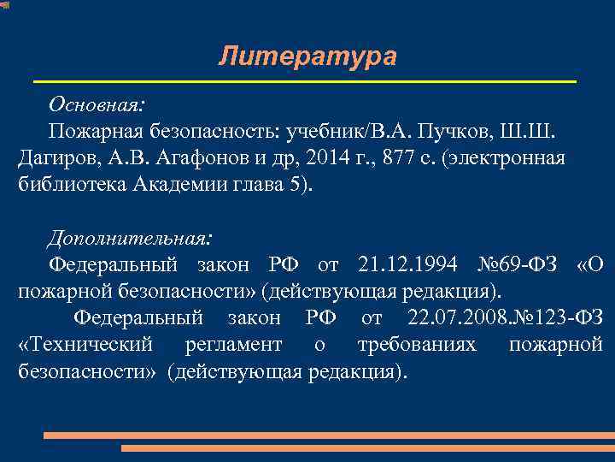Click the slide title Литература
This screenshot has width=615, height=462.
point(307,56)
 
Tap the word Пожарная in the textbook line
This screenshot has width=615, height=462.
point(89,133)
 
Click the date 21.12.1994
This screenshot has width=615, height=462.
point(408,264)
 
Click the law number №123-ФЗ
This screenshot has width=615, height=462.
point(556,318)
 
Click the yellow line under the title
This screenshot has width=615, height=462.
point(304,81)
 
